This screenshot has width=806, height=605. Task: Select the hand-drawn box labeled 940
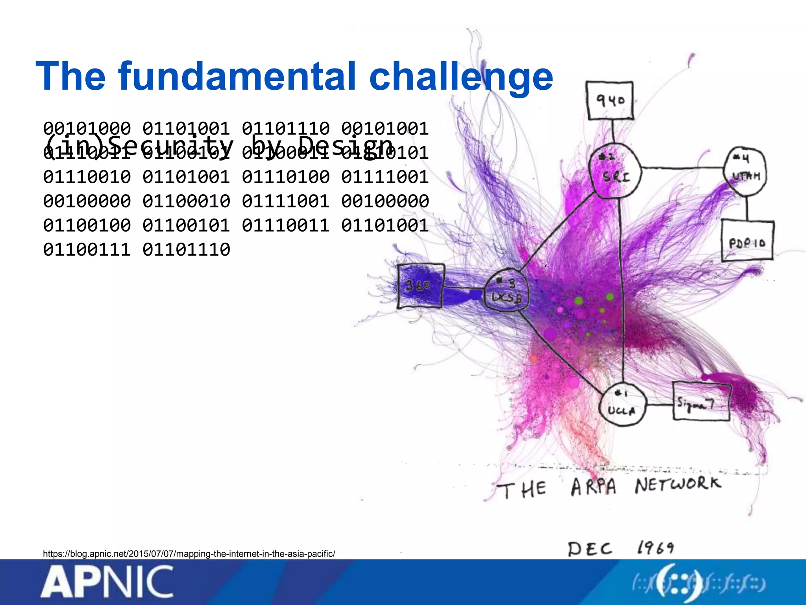[610, 101]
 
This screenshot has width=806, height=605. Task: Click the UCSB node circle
[506, 291]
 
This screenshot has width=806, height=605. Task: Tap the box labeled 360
[420, 286]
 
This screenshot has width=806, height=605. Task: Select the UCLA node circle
[622, 405]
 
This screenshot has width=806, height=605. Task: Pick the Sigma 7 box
[701, 402]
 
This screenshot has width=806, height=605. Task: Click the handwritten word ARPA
[593, 487]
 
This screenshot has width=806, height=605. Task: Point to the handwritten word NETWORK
[678, 484]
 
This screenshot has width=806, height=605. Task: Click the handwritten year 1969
[655, 547]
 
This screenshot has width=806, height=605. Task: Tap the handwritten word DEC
[590, 549]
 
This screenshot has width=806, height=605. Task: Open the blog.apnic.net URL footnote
[189, 554]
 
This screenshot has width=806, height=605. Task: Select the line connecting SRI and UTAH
[683, 168]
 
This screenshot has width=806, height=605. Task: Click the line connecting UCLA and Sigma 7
[659, 405]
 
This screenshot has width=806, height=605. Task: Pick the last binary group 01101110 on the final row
[186, 250]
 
